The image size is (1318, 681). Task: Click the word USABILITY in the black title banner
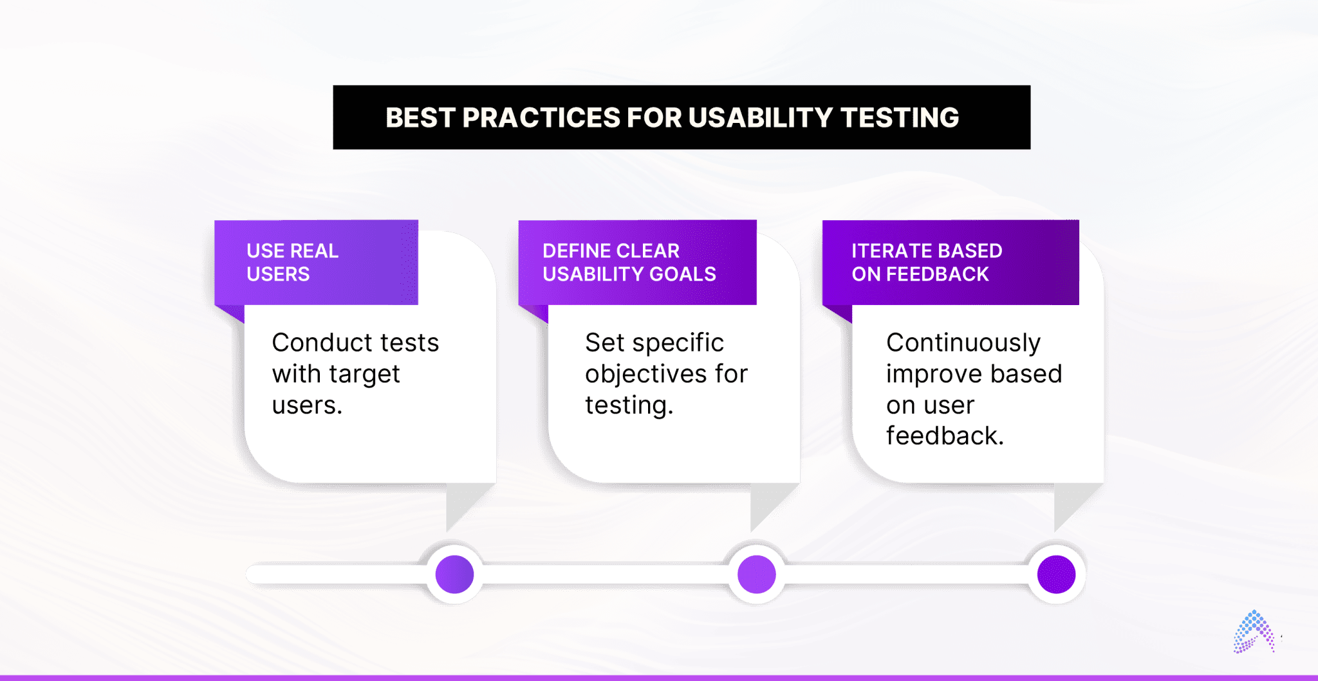click(x=760, y=118)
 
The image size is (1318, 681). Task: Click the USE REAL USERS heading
click(x=293, y=262)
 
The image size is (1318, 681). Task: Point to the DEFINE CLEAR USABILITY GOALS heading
click(x=629, y=262)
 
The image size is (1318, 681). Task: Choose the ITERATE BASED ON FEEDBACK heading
click(x=927, y=262)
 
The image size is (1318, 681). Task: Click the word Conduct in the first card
click(x=313, y=342)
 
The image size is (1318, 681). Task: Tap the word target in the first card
click(x=364, y=374)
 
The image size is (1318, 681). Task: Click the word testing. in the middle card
click(x=629, y=406)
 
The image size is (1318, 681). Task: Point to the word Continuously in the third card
click(x=963, y=342)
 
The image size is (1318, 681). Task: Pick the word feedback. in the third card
click(x=944, y=436)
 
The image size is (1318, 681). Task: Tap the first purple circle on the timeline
click(x=454, y=574)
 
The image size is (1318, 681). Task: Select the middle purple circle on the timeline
click(x=756, y=574)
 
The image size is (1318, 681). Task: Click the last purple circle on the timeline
click(x=1056, y=574)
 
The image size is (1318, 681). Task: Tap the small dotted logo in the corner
click(x=1253, y=633)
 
